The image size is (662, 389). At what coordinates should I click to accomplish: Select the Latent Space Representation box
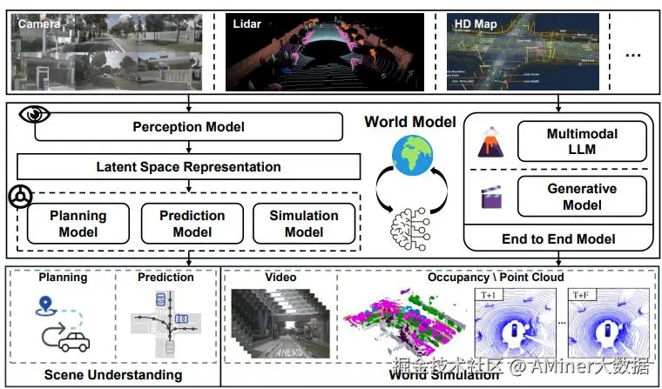(188, 166)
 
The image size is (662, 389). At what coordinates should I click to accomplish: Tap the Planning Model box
(78, 224)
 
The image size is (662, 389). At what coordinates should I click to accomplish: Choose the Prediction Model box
(192, 224)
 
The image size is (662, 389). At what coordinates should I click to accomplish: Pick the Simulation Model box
(304, 224)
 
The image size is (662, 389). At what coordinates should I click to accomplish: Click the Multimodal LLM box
(582, 141)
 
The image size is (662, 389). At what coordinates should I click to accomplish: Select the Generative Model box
(582, 197)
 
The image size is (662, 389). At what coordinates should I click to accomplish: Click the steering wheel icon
(18, 197)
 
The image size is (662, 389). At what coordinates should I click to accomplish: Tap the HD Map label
(476, 24)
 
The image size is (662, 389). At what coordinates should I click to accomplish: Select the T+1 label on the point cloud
(489, 296)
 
